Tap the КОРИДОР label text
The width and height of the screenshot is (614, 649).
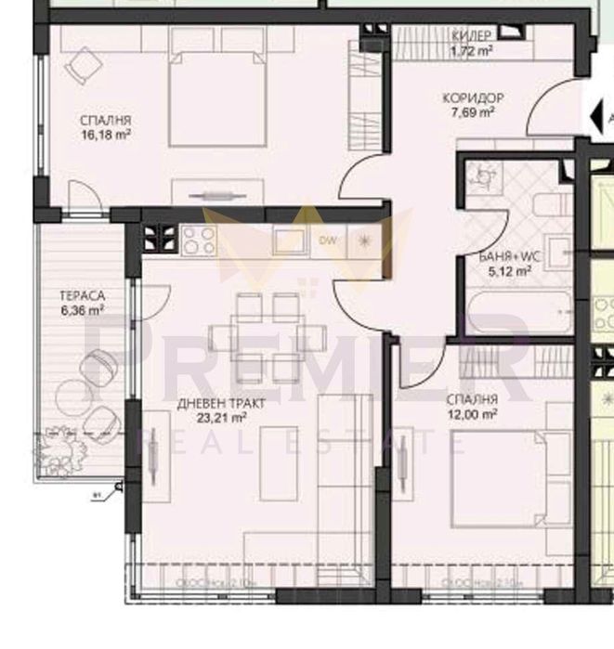coord(472,97)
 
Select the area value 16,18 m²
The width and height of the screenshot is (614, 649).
coord(105,134)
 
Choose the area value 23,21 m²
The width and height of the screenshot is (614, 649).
coord(215,417)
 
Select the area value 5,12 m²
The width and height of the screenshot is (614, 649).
coord(510,272)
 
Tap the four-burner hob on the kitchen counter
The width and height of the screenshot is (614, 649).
coord(198,241)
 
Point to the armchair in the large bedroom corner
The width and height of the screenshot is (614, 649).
coord(85,65)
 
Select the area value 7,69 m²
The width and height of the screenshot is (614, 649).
coord(472,111)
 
